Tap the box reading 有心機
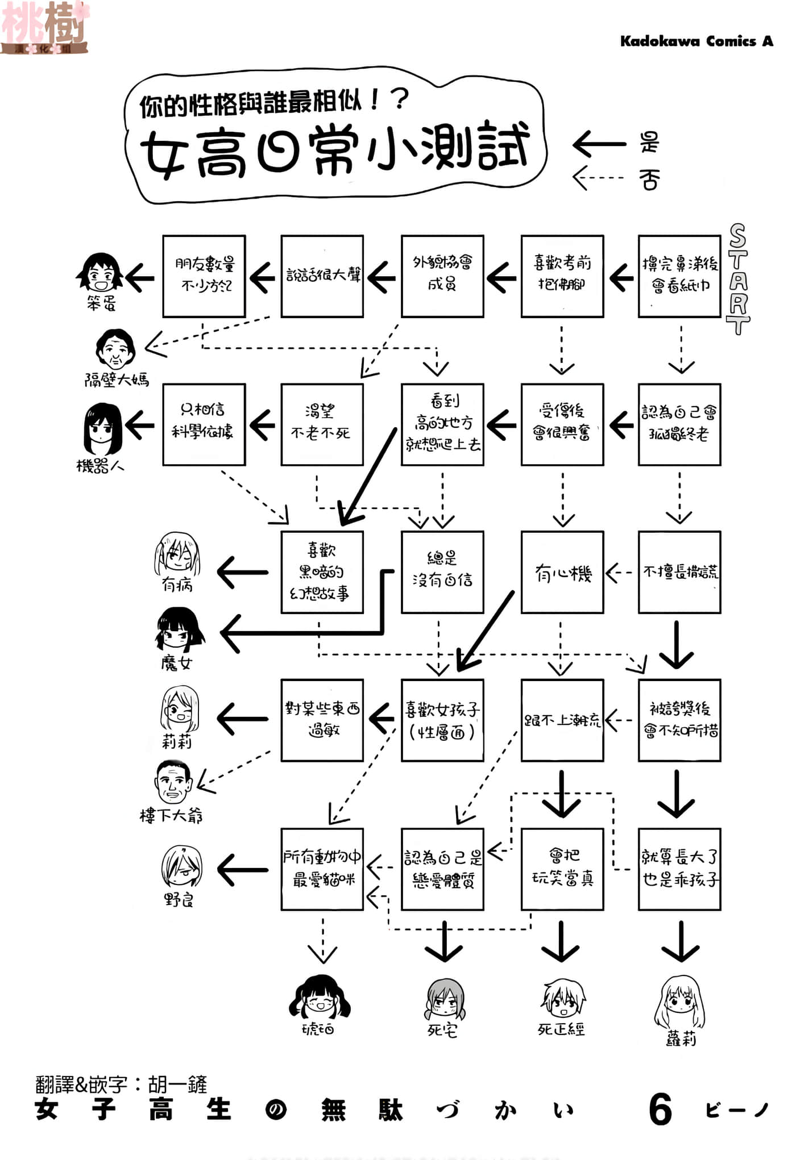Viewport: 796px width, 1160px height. click(562, 572)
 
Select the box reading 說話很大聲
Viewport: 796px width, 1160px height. click(322, 276)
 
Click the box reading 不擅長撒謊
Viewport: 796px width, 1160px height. click(679, 572)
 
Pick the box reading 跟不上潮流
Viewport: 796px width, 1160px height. click(562, 720)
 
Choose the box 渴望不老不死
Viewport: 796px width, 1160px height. click(322, 424)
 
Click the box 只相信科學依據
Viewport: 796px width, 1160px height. click(204, 424)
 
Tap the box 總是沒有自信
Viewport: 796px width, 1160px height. click(442, 572)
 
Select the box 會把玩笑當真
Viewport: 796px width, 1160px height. click(562, 869)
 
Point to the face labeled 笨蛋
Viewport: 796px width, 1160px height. click(100, 273)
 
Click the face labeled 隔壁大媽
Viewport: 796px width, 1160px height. click(115, 348)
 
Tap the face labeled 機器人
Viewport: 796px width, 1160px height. click(102, 429)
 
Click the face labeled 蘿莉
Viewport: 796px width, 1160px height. click(679, 1003)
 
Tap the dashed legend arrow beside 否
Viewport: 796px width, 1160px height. click(598, 178)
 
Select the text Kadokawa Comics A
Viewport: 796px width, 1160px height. click(696, 41)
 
